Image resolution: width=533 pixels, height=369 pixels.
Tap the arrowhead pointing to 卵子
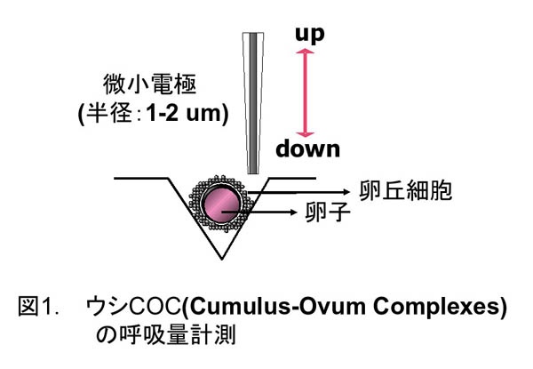(x=294, y=213)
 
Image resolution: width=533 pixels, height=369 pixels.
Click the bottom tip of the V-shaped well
(x=219, y=260)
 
